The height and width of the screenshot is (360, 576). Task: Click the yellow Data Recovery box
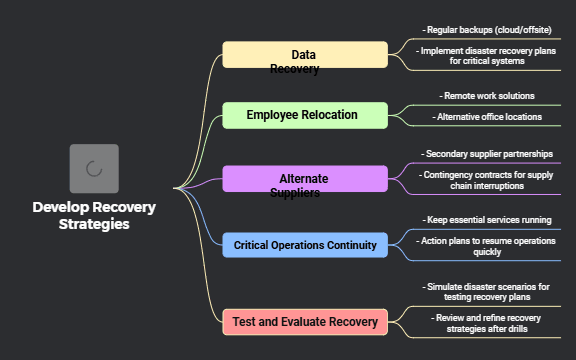pyautogui.click(x=304, y=55)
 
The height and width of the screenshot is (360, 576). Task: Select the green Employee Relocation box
pyautogui.click(x=304, y=115)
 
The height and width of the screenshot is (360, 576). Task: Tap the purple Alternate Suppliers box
pyautogui.click(x=304, y=179)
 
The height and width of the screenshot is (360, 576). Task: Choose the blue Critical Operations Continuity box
pyautogui.click(x=304, y=245)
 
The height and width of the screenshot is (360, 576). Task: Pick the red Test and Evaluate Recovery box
pyautogui.click(x=304, y=322)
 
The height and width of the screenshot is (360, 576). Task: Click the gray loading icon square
pyautogui.click(x=94, y=168)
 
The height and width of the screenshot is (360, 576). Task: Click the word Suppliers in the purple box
pyautogui.click(x=295, y=193)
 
